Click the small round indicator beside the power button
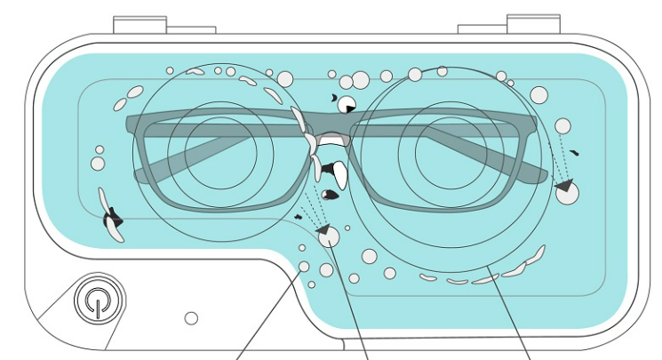coord(190,317)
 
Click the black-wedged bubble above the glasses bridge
coord(347,104)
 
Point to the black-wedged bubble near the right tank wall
coord(566,191)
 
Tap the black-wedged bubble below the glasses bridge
coord(327,236)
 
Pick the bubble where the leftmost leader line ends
coord(304,267)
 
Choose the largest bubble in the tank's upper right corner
coord(539,94)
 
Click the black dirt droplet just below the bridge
coord(331,194)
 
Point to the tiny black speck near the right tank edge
coord(575,153)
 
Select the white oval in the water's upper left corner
coord(134,91)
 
